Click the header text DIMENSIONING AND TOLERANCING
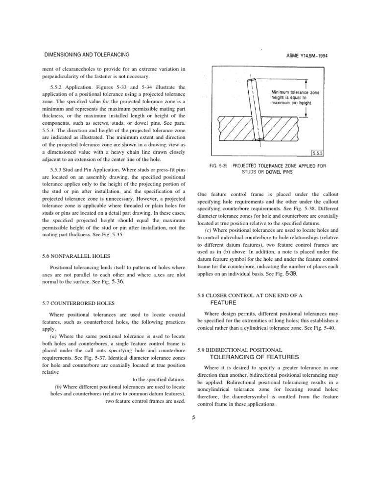87,55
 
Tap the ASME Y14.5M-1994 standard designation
307,55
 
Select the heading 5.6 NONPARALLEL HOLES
76,256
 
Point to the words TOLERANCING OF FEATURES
245,357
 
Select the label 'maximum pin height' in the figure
291,103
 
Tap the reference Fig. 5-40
324,327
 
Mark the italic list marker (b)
58,387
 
